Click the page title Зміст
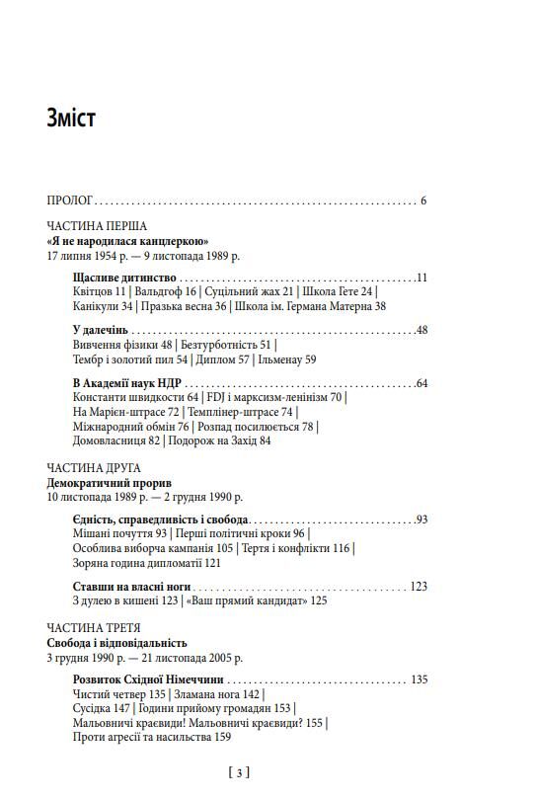[70, 120]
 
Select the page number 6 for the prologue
[422, 200]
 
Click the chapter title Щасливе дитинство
[124, 279]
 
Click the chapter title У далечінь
[103, 331]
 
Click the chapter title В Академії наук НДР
[128, 383]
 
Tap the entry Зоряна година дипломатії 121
[146, 562]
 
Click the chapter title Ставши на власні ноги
[129, 586]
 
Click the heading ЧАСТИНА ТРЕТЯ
[94, 628]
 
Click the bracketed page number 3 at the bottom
[238, 771]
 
